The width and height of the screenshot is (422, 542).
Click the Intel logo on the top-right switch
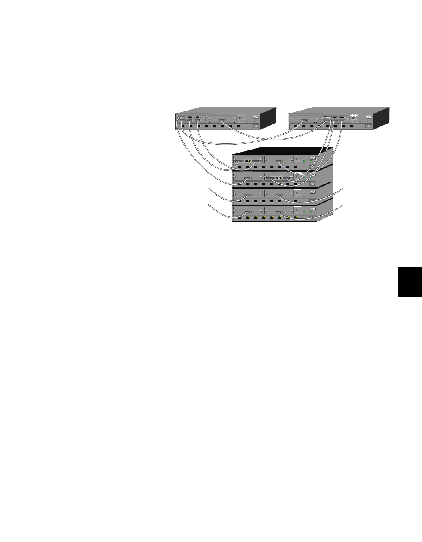(x=369, y=118)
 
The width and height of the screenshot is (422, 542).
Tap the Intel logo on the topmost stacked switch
(x=313, y=158)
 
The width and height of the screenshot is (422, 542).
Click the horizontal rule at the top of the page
(x=218, y=44)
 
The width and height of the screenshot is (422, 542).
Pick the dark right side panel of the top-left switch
(x=269, y=118)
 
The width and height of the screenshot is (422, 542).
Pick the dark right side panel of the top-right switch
(x=382, y=118)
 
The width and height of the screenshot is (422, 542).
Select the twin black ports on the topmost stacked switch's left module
(x=247, y=160)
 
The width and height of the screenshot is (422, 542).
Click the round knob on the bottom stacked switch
(x=297, y=209)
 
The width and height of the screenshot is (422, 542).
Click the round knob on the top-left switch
(x=240, y=118)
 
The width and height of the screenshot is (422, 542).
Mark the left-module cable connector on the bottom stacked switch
(x=247, y=213)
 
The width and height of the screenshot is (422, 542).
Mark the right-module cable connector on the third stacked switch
(x=279, y=195)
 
